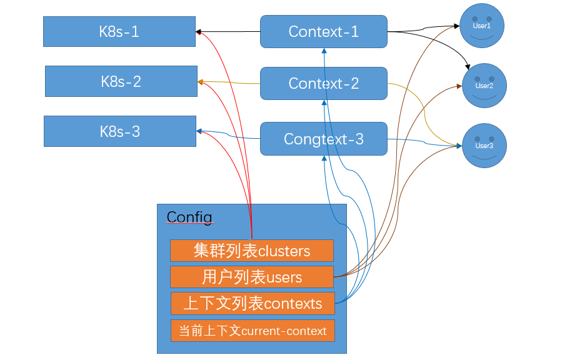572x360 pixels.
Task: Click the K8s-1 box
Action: (119, 32)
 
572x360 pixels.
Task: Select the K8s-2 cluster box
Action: (121, 81)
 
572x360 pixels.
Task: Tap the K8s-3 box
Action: (119, 131)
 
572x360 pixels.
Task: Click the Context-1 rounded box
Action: (323, 31)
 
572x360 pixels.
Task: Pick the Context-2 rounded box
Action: (323, 83)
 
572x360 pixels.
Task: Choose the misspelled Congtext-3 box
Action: (323, 139)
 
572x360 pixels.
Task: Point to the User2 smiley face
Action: (483, 86)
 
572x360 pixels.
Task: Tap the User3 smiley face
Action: (483, 146)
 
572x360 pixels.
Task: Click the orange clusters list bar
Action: (251, 251)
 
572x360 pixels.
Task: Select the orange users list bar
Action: (251, 277)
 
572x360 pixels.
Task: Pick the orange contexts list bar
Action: (252, 304)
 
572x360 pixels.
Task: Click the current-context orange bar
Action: (252, 331)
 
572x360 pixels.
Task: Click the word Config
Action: (189, 217)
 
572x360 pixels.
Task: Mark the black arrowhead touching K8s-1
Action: (199, 31)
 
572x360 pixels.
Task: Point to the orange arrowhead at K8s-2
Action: (201, 82)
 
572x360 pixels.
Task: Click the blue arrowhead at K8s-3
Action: (199, 131)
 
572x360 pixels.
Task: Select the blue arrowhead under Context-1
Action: (324, 51)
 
